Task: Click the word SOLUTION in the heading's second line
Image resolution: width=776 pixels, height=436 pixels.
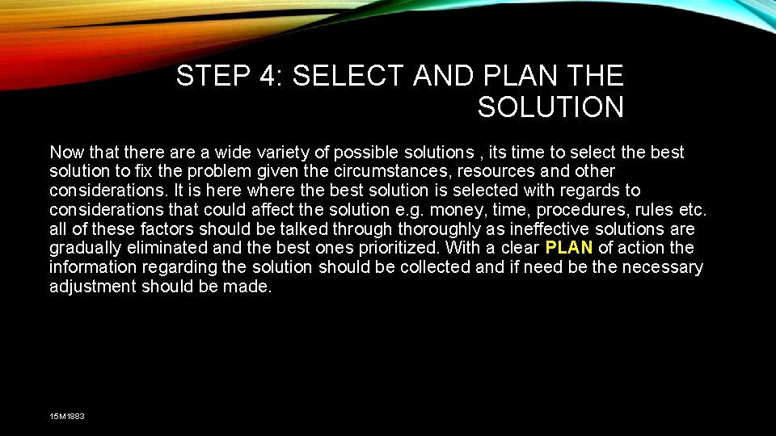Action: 550,107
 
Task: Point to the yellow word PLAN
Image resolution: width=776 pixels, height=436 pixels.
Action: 569,248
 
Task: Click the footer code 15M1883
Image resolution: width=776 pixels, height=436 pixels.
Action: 67,416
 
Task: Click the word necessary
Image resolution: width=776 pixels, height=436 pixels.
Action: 661,267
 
